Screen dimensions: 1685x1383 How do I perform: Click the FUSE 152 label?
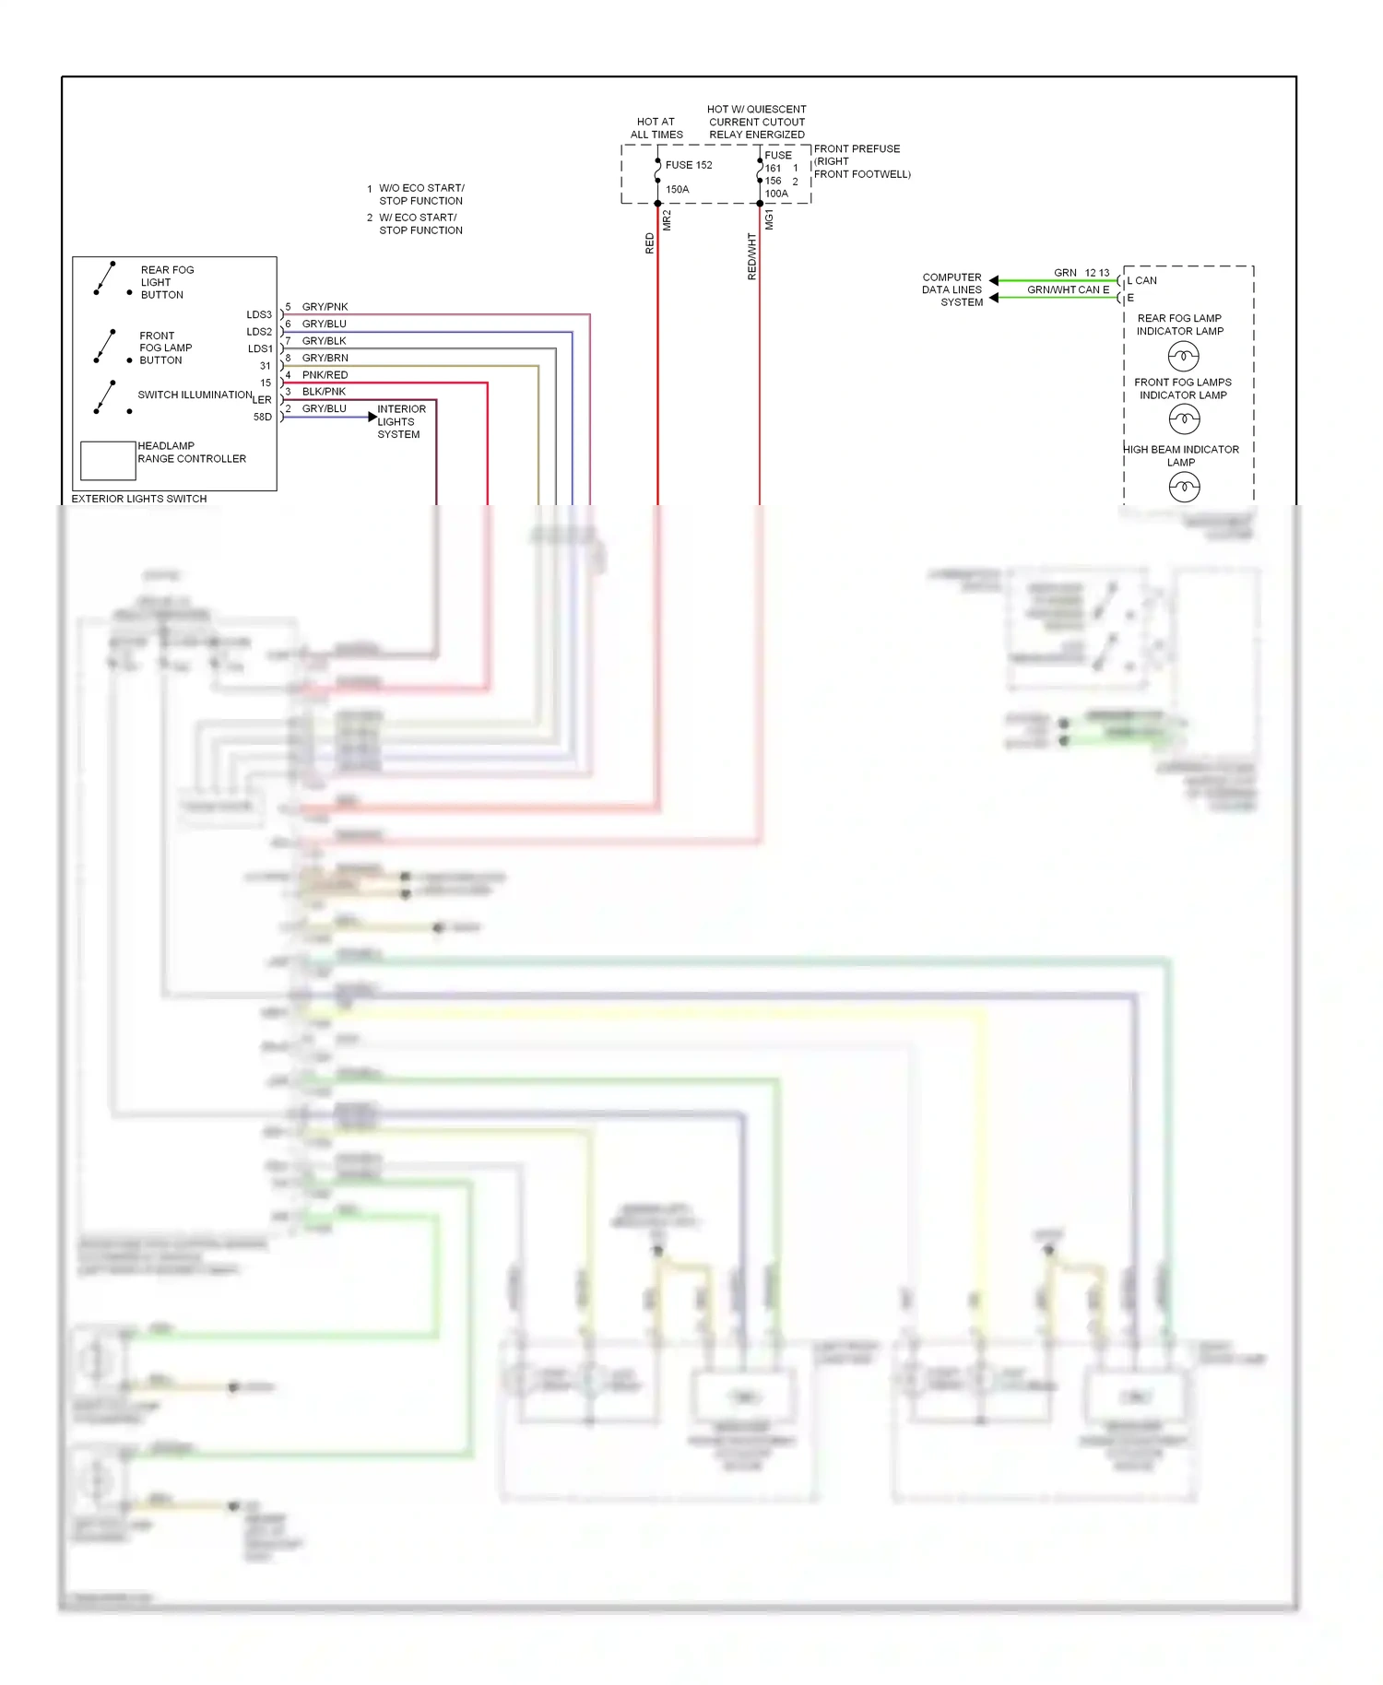tap(688, 165)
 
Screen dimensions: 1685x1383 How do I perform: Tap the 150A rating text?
tap(677, 189)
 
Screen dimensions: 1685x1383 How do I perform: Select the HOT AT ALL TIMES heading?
tap(656, 128)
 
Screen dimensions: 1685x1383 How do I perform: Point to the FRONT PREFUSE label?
tap(857, 148)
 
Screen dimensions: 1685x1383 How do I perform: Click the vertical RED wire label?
tap(649, 243)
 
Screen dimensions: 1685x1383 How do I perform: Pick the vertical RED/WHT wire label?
tap(751, 256)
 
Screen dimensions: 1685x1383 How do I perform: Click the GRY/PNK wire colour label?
tap(325, 307)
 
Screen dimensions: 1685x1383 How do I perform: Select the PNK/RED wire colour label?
tap(325, 375)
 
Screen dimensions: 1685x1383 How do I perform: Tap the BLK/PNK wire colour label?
tap(324, 392)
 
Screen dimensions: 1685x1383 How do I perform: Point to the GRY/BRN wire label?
tap(325, 358)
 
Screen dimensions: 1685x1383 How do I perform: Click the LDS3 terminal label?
tap(259, 315)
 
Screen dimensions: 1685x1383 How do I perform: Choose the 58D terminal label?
tap(263, 417)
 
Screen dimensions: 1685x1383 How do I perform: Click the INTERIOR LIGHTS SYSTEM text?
tap(400, 421)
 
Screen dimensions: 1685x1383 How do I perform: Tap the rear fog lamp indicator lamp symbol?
tap(1183, 355)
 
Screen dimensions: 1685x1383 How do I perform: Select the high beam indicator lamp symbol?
tap(1184, 487)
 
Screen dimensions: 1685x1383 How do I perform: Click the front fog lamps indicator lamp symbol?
tap(1184, 419)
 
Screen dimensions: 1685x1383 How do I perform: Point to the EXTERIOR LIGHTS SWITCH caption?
tap(139, 499)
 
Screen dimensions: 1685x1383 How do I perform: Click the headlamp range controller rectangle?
tap(108, 460)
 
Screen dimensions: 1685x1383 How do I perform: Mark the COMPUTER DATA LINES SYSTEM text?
tap(952, 289)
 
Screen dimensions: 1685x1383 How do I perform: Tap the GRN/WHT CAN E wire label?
tap(1068, 289)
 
